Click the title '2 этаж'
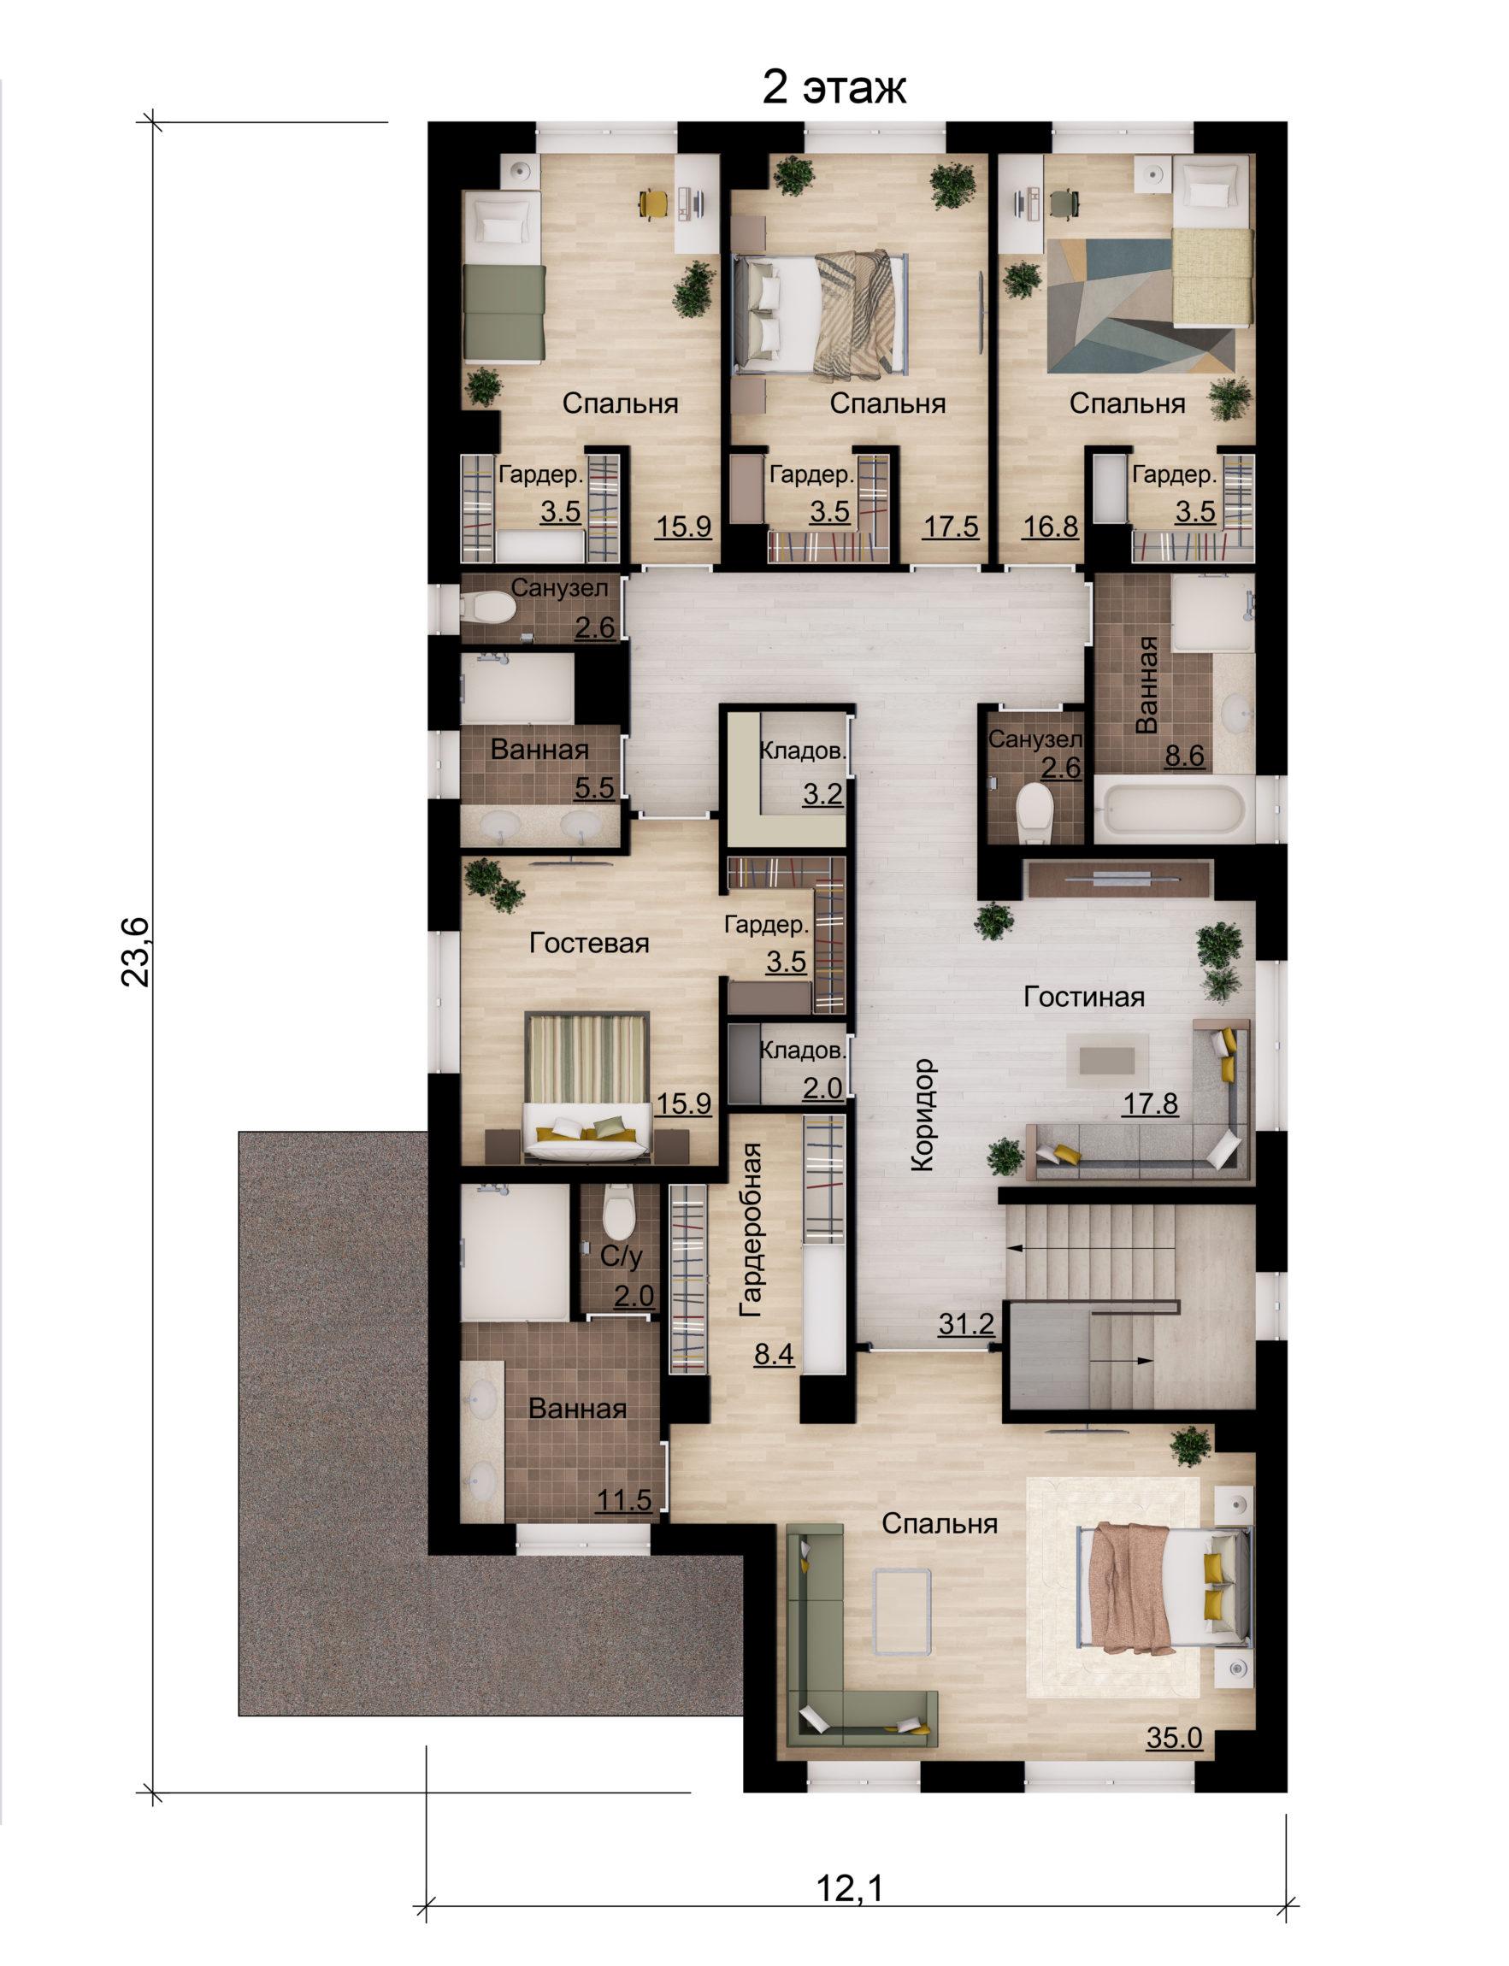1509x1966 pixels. click(x=834, y=88)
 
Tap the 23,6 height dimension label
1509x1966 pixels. click(x=138, y=953)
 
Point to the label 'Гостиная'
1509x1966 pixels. click(x=1084, y=997)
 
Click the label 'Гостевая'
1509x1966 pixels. click(x=589, y=943)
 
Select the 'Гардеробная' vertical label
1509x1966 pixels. click(x=750, y=1229)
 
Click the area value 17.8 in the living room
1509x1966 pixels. click(x=1151, y=1103)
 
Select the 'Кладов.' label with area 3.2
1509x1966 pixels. click(x=803, y=750)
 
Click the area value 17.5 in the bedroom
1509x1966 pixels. click(x=952, y=527)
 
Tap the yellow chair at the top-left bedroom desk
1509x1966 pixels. click(x=652, y=202)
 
